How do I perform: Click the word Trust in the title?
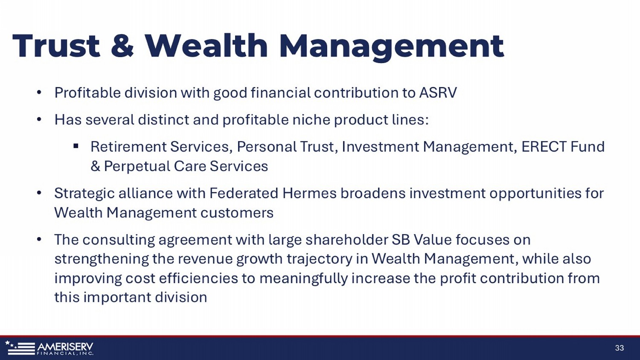(56, 46)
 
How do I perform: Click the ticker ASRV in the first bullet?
(438, 93)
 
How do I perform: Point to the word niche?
(311, 119)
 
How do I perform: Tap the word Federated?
(244, 193)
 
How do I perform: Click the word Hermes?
(309, 193)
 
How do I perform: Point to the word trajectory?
(320, 259)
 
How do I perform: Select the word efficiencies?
(198, 278)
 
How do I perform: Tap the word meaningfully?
(303, 279)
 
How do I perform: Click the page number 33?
(620, 348)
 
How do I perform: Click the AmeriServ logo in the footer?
(49, 348)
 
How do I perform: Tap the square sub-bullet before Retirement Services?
(76, 146)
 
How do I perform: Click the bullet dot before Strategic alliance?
(39, 193)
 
